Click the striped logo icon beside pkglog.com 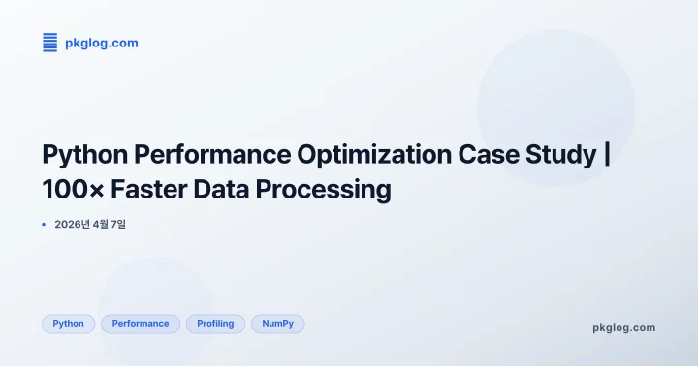coord(49,43)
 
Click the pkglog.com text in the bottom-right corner coord(623,327)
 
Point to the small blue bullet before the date coord(44,225)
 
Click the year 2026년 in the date coord(73,225)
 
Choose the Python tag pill coord(68,324)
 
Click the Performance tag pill coord(141,324)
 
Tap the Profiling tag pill coord(215,324)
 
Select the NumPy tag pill coord(277,324)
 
